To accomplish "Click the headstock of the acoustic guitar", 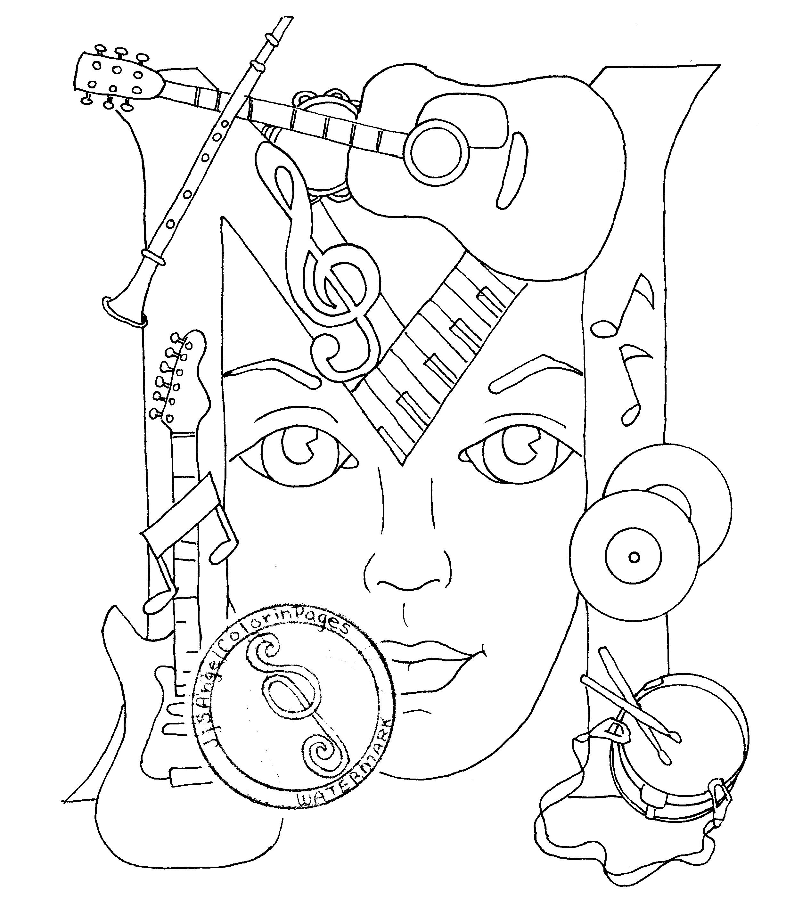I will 116,77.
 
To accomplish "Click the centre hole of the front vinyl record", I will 633,557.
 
